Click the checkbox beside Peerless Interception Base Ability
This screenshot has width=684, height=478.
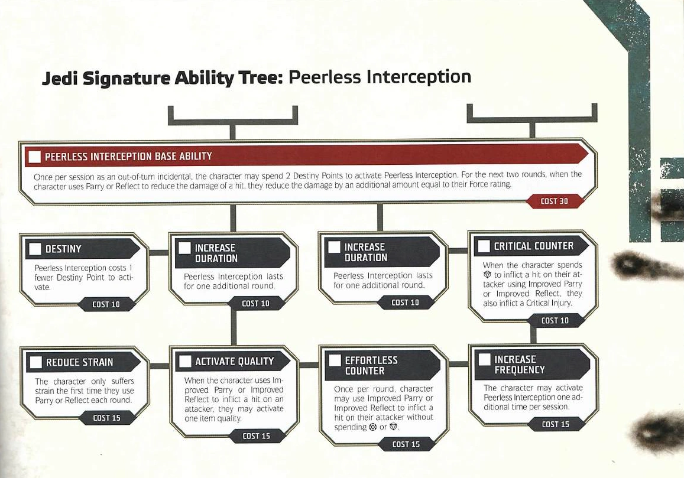(x=35, y=157)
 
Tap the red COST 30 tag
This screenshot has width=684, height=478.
(x=554, y=201)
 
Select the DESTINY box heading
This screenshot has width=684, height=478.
(x=64, y=249)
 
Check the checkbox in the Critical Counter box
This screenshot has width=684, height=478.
(x=484, y=246)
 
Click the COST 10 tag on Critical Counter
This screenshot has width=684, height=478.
(x=555, y=320)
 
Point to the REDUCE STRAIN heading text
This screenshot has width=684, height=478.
(x=79, y=362)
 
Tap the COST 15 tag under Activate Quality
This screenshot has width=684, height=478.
(x=257, y=435)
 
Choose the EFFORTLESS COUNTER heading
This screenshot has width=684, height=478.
(x=371, y=365)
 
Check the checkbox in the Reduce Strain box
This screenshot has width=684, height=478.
(x=35, y=362)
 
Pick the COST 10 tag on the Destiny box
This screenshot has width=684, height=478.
(x=106, y=304)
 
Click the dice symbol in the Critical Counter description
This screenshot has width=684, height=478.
(x=487, y=275)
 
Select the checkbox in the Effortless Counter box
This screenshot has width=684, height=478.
(x=335, y=360)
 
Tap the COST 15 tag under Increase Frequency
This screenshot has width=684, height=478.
(x=556, y=424)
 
